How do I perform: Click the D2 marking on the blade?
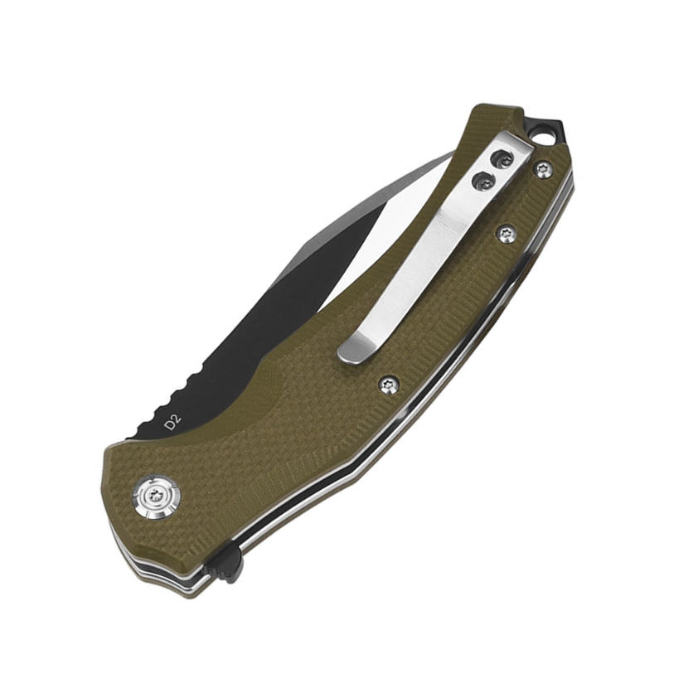(x=172, y=424)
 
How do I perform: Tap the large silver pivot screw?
(x=156, y=497)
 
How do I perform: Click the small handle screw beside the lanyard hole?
(x=543, y=170)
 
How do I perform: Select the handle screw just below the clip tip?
(x=390, y=384)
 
